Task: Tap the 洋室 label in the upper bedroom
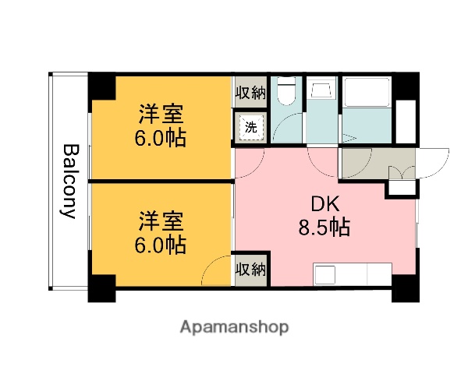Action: click(161, 115)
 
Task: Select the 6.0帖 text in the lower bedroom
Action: click(161, 245)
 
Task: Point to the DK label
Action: click(324, 204)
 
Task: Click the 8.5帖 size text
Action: click(324, 228)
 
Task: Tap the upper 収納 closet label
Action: click(250, 92)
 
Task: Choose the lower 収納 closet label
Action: click(250, 270)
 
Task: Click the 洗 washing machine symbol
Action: click(250, 126)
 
